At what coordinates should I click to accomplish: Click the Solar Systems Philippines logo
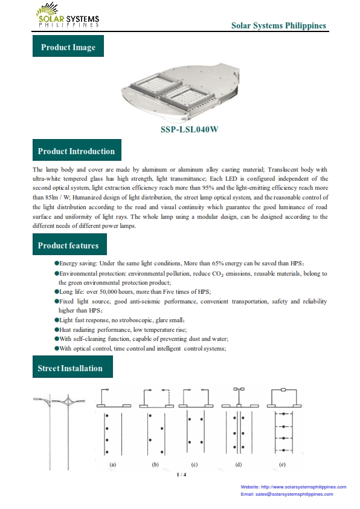click(x=68, y=15)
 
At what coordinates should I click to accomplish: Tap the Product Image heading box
click(x=68, y=46)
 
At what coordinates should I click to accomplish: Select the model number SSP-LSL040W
click(x=190, y=129)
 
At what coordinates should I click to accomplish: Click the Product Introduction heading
click(x=77, y=150)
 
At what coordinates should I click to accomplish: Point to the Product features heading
click(x=69, y=244)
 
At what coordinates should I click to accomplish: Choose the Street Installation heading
click(x=72, y=366)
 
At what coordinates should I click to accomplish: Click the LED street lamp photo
click(x=181, y=91)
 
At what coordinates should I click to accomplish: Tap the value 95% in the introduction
click(x=208, y=188)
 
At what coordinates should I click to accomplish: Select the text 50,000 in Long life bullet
click(x=108, y=292)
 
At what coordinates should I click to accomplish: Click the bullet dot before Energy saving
click(x=57, y=263)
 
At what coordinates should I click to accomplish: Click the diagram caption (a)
click(x=112, y=464)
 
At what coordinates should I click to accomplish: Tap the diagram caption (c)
click(x=194, y=464)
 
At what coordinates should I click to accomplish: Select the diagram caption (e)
click(x=282, y=464)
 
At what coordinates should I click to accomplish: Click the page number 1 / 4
click(x=181, y=475)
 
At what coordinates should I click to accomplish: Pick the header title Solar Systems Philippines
click(x=278, y=25)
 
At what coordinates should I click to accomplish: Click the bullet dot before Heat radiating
click(x=57, y=329)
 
